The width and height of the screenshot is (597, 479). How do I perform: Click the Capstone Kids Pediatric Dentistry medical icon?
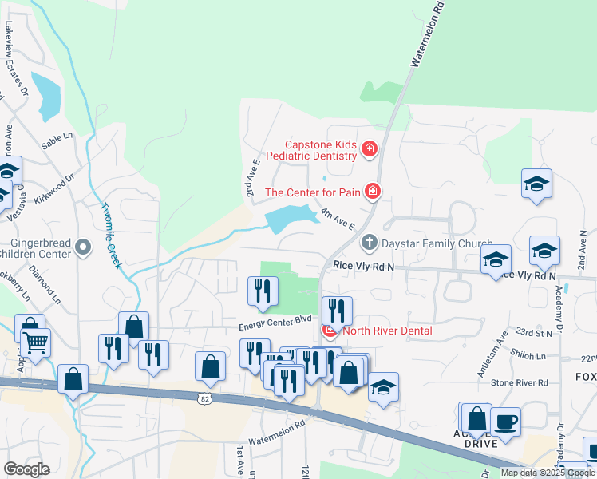[x=369, y=148]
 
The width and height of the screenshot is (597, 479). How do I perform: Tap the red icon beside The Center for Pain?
[x=372, y=192]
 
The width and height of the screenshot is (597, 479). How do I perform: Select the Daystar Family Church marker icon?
[x=369, y=241]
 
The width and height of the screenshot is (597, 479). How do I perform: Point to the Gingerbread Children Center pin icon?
[x=84, y=247]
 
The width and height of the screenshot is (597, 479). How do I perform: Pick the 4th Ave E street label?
[x=338, y=219]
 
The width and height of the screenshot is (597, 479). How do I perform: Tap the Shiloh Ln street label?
[x=530, y=357]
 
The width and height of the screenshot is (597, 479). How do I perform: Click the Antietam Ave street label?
[x=503, y=349]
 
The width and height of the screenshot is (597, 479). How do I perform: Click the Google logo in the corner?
[x=26, y=469]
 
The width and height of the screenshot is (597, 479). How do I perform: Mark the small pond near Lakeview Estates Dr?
[x=46, y=95]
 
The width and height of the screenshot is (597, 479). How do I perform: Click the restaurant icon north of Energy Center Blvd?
[x=263, y=290]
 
